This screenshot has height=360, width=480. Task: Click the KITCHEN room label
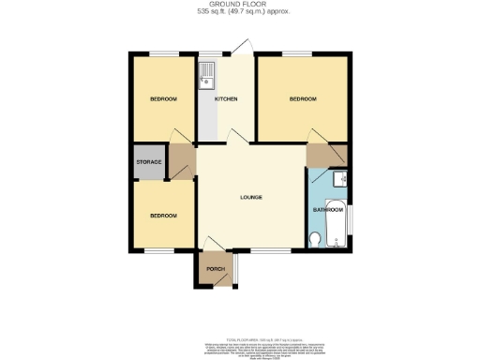tap(225, 99)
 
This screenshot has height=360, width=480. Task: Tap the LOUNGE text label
tap(249, 198)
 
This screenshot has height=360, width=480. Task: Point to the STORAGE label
tap(150, 163)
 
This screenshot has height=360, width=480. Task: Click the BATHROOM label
tap(327, 210)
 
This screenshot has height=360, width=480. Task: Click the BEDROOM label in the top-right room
tap(303, 99)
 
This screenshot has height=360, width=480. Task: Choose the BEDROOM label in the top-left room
tap(163, 99)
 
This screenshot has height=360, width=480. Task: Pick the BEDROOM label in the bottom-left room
tap(163, 216)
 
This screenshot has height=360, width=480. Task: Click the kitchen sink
tap(206, 76)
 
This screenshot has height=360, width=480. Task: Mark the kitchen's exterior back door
tap(241, 49)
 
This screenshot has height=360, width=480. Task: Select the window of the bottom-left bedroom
tap(158, 250)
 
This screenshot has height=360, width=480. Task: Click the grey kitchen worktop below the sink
tap(206, 117)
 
